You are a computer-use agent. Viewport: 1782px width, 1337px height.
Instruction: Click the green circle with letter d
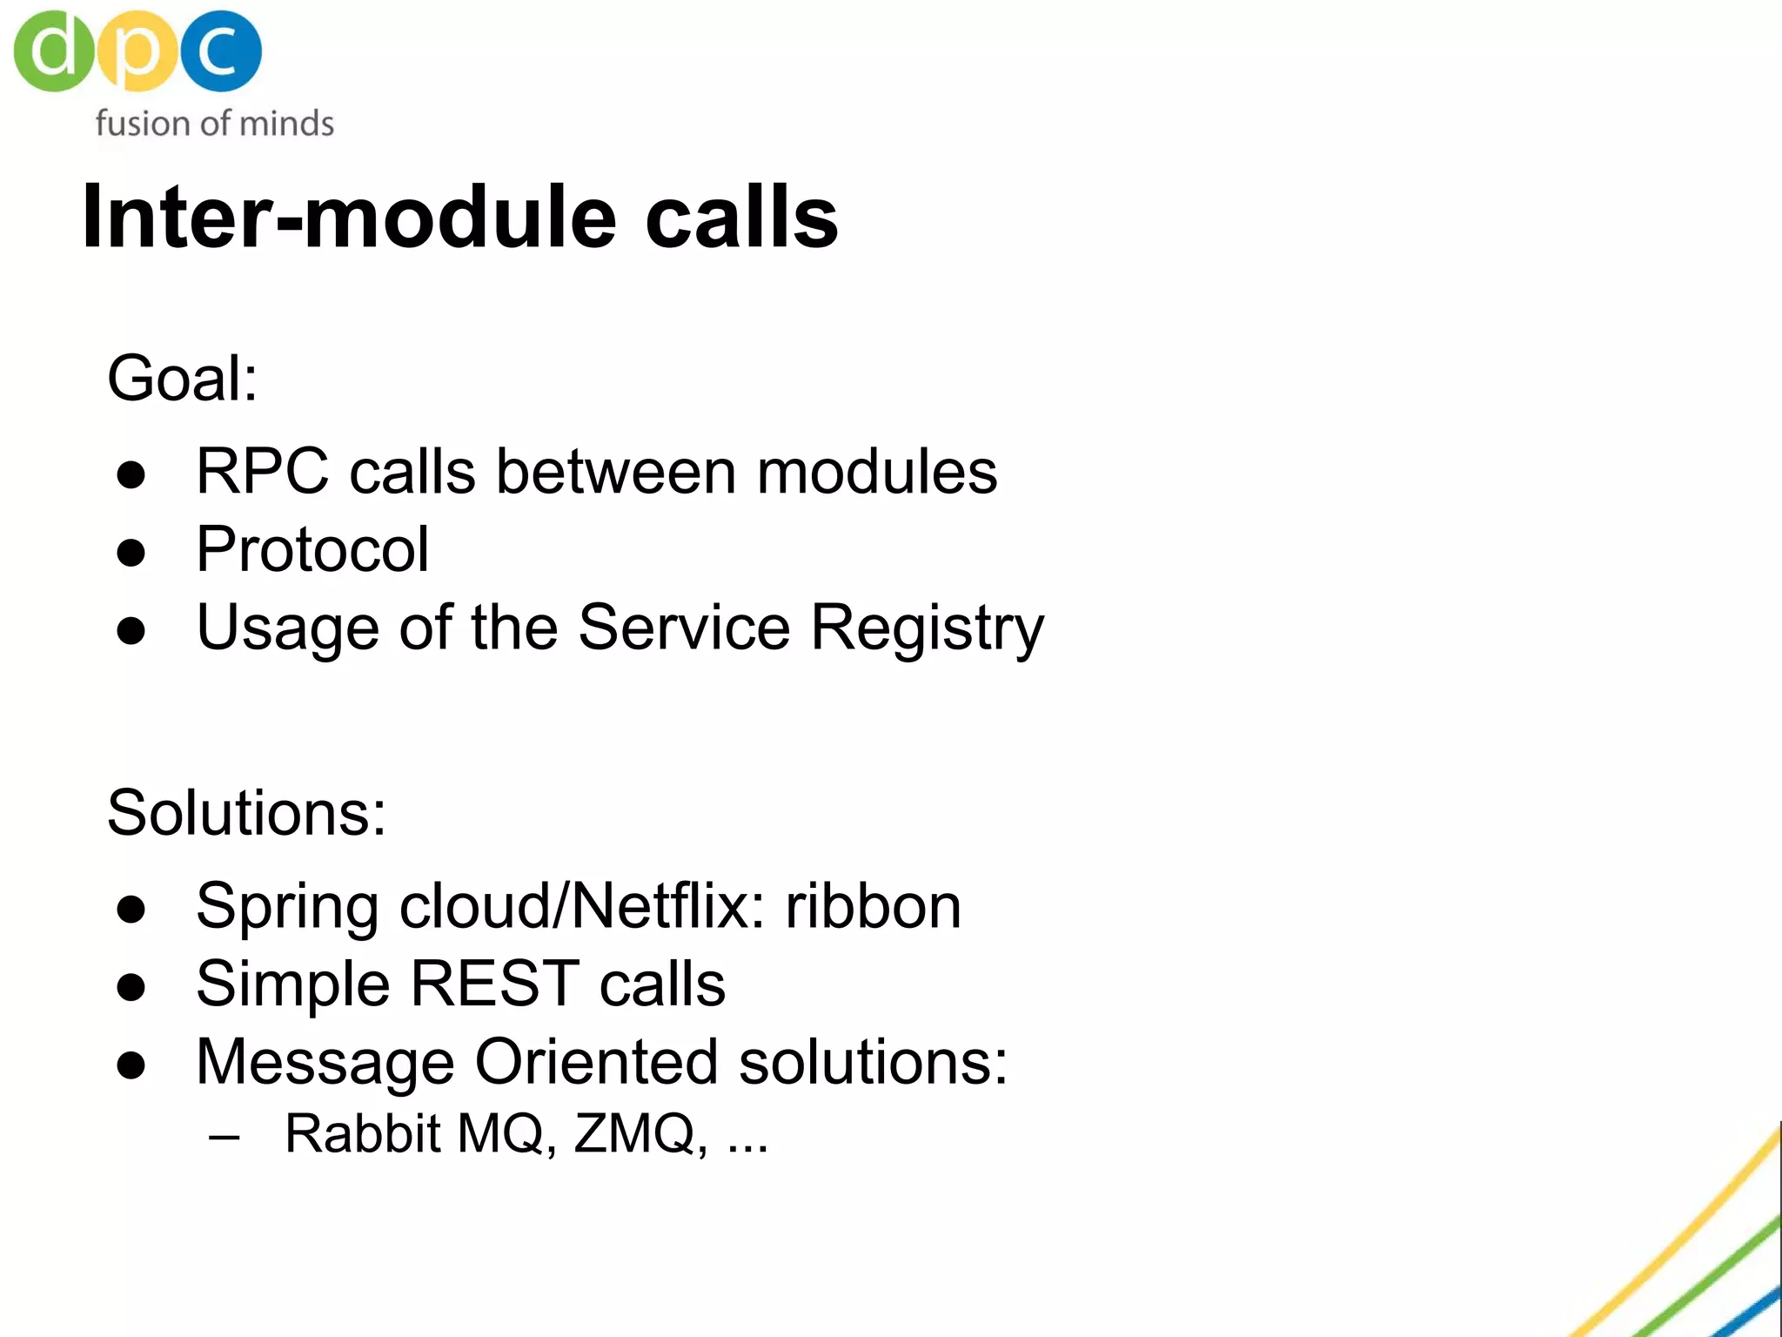tap(52, 50)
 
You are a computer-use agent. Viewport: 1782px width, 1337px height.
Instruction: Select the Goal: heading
tap(182, 379)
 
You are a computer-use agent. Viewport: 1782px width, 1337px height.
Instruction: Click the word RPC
tap(262, 472)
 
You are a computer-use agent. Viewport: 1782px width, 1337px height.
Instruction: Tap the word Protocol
tap(312, 550)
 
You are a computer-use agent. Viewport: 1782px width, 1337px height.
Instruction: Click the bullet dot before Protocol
tap(131, 553)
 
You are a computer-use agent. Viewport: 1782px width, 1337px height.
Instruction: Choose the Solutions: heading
tap(246, 813)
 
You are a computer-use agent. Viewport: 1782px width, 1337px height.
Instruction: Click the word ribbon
tap(873, 906)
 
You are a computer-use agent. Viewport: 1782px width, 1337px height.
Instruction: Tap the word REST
tap(494, 984)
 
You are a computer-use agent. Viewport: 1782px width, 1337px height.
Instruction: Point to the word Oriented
tap(596, 1062)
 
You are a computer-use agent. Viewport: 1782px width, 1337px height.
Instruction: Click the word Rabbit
tap(363, 1133)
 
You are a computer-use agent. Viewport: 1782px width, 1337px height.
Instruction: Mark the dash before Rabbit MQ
tap(224, 1137)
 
